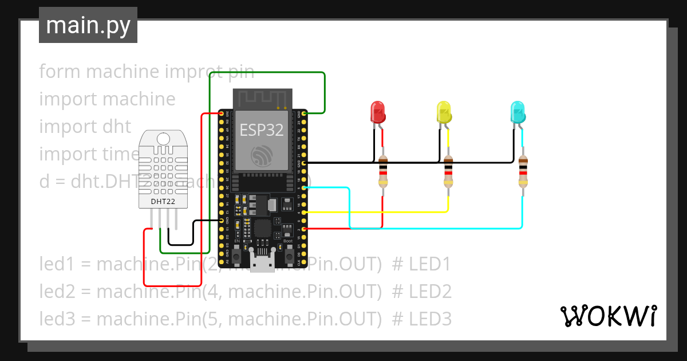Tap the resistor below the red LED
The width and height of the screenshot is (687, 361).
tap(382, 171)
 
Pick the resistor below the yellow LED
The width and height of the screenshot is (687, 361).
tap(448, 171)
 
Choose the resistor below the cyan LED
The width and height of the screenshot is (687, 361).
tap(522, 171)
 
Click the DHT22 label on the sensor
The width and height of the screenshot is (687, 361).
tap(163, 201)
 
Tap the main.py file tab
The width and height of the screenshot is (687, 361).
tap(88, 25)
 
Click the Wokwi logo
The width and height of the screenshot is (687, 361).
tap(608, 316)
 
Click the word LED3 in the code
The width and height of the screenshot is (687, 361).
tap(430, 318)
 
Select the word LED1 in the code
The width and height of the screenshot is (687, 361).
tap(430, 264)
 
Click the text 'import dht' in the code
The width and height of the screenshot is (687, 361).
tap(85, 126)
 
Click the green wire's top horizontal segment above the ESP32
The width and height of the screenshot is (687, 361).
tap(267, 73)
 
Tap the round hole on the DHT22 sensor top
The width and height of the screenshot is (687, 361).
tap(163, 138)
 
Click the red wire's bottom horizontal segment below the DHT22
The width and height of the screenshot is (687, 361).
tap(172, 285)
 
